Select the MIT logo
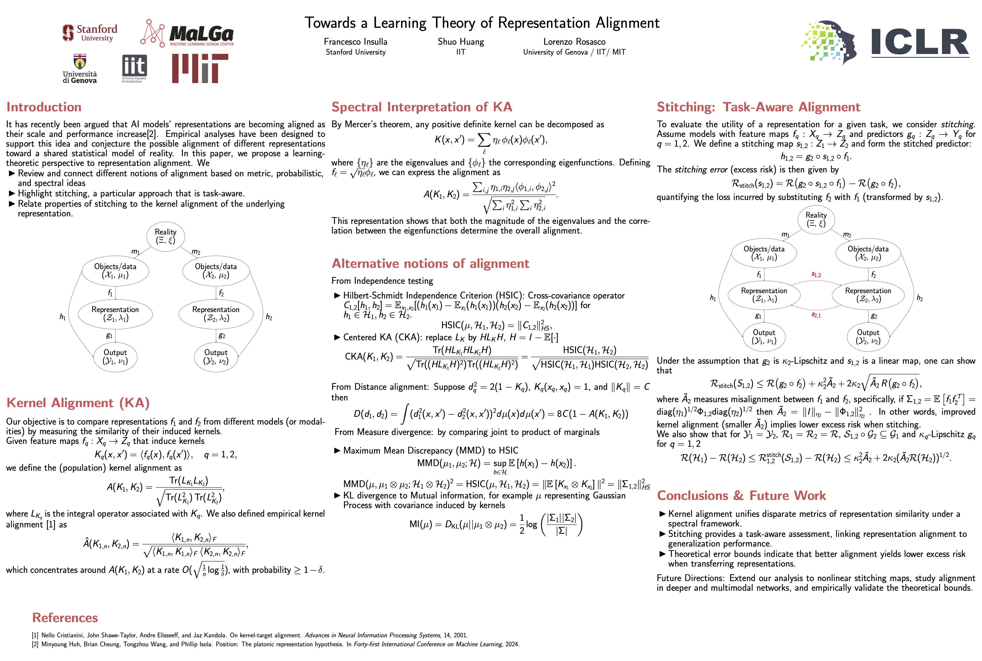200,68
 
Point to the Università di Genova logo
80,69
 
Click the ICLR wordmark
920,42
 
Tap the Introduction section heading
44,107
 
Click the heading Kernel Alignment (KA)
78,403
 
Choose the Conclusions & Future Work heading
741,495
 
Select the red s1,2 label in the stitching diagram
816,275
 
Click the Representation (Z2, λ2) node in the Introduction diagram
216,314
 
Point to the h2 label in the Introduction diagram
269,317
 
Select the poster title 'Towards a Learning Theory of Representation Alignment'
482,23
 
